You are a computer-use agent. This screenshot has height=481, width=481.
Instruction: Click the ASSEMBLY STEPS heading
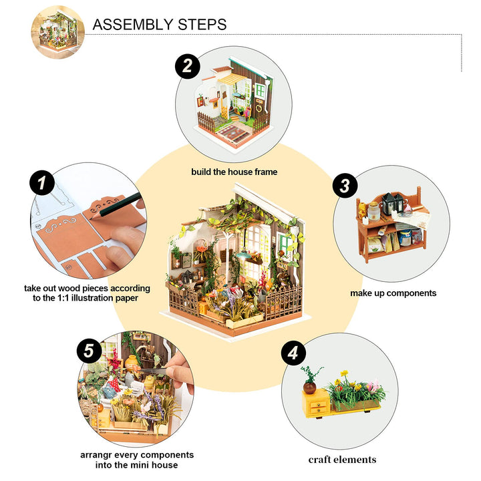coord(159,25)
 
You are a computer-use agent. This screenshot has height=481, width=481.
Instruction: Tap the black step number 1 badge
coord(42,183)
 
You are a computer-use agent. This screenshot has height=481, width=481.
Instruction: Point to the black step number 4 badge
coord(293,353)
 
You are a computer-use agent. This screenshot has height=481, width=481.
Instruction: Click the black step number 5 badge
coord(90,349)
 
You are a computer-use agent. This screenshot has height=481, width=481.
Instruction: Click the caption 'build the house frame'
coord(234,172)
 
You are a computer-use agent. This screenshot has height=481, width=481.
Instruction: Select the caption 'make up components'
coord(393,293)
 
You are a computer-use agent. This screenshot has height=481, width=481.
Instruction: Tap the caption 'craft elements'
coord(342,459)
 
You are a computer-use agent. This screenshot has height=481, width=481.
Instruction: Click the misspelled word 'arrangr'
coord(96,454)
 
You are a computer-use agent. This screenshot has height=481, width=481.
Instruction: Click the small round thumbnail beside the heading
coord(57,31)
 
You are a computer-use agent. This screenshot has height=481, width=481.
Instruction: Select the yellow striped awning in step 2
coord(234,79)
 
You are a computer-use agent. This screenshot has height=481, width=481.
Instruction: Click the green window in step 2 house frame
coord(259,91)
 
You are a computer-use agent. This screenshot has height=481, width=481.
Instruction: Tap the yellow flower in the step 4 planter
coord(344,374)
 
